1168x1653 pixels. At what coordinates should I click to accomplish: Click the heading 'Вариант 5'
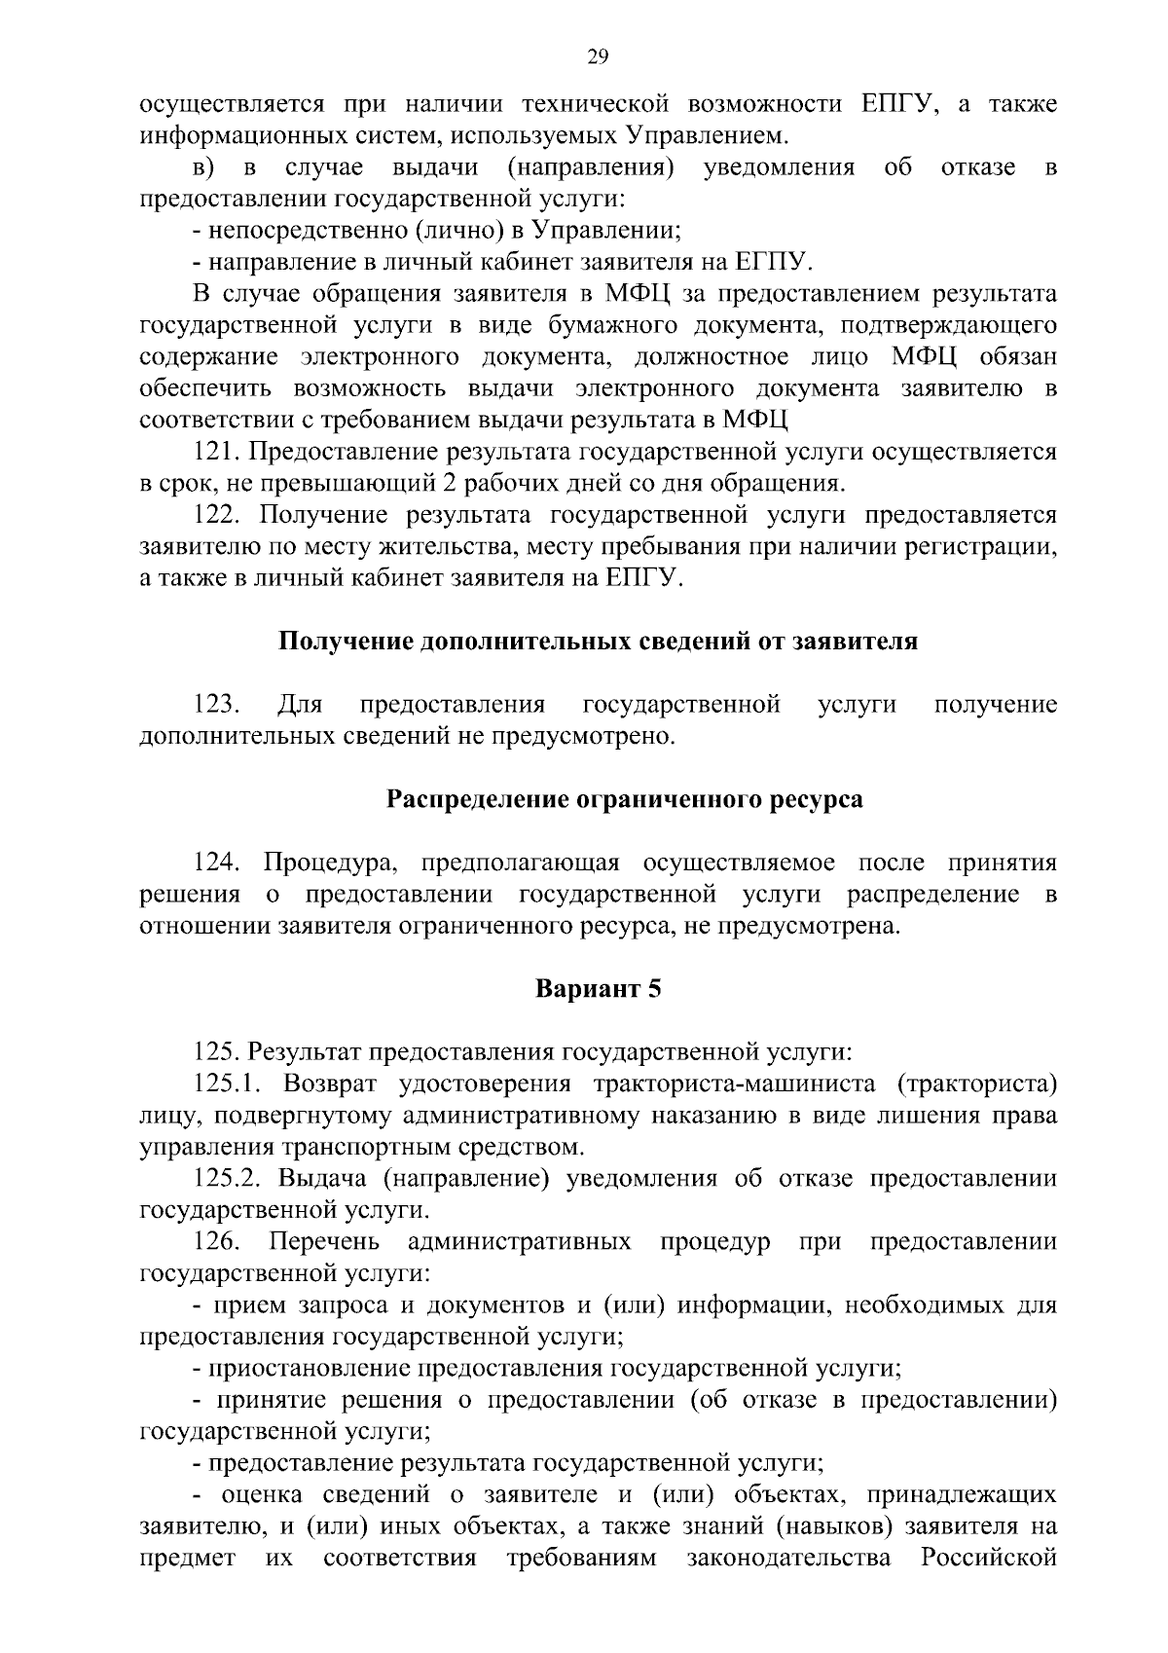[x=598, y=989]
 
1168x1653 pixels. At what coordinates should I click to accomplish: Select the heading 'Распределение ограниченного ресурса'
[x=625, y=800]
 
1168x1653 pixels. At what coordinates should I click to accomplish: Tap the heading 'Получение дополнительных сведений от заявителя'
[x=598, y=642]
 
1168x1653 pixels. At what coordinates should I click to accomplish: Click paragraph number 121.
[x=216, y=452]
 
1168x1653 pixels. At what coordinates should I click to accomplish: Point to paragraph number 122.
[x=216, y=515]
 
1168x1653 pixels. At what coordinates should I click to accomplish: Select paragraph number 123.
[x=216, y=705]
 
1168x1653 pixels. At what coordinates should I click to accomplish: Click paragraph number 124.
[x=216, y=863]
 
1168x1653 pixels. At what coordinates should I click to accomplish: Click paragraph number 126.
[x=216, y=1242]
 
